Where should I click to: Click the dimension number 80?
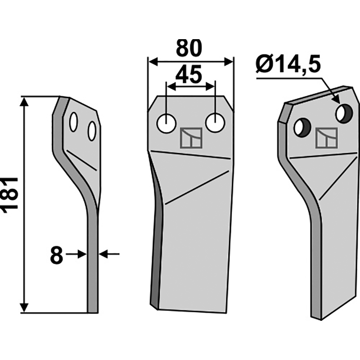pos(189,49)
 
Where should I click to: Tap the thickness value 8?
pos(56,256)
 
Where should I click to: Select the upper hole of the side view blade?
pos(73,122)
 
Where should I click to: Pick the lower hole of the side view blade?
pos(92,131)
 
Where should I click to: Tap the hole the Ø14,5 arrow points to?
pos(343,114)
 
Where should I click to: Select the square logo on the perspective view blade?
pos(326,138)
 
